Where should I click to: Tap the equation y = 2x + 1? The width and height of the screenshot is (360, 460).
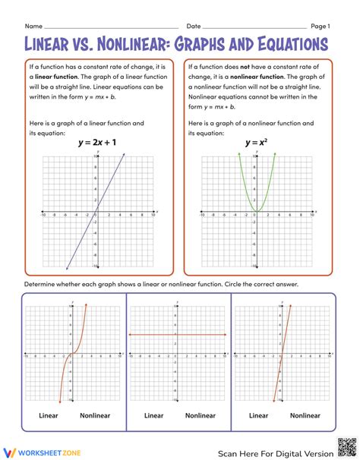(x=96, y=142)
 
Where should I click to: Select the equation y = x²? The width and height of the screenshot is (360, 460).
(x=255, y=142)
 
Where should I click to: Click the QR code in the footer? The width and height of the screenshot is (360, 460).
(x=346, y=448)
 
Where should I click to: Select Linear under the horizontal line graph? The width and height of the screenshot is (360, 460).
(x=153, y=415)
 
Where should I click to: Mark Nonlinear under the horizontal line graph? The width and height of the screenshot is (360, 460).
(x=201, y=415)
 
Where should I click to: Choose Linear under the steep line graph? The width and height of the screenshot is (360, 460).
(x=258, y=415)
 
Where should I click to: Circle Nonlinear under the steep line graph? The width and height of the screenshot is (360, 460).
(x=305, y=415)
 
